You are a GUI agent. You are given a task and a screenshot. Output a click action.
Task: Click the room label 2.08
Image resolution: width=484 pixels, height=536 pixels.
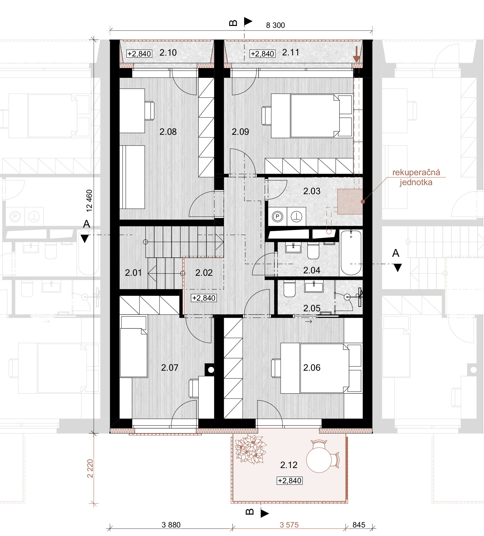pos(168,132)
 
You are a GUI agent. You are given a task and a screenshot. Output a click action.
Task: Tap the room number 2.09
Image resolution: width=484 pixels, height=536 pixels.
pos(240,132)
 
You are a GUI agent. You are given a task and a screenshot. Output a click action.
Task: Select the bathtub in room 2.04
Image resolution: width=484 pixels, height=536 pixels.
pos(351,253)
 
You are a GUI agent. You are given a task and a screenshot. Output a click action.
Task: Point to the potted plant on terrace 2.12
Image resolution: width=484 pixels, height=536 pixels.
pos(251,449)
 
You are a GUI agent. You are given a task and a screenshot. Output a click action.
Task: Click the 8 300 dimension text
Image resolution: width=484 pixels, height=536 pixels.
pos(275,25)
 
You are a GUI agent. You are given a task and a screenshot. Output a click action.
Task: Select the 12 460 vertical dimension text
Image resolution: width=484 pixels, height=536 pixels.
pos(89,201)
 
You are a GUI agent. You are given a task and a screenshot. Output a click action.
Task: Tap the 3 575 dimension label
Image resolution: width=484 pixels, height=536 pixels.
pos(289,525)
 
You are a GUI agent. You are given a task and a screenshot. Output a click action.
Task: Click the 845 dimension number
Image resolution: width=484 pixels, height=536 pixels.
pos(359,525)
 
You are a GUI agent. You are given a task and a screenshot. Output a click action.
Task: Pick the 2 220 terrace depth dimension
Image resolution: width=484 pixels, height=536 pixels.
pos(90,468)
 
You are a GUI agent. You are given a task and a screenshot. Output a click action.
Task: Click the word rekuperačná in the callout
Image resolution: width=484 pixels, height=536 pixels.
pos(416,172)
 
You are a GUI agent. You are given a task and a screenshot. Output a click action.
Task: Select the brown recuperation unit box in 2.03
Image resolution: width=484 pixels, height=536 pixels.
pos(350,201)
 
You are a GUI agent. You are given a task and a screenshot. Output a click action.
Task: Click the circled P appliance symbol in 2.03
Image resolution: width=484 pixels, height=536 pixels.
pos(277,216)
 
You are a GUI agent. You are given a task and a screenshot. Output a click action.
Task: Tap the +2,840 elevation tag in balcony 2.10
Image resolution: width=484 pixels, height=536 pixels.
pos(139,54)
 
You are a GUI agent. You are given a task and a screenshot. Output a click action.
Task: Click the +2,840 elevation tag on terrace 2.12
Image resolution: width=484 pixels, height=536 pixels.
pos(290,481)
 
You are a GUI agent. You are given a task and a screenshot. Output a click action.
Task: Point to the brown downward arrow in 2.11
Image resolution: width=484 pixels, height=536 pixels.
pos(356,54)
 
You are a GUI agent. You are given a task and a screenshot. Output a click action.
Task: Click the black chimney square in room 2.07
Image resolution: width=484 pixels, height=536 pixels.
pos(209,370)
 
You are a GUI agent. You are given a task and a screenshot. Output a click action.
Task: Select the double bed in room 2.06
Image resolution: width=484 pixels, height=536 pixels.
pos(321,368)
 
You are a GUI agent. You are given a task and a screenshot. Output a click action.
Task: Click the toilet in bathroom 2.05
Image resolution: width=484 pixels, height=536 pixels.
pos(289,289)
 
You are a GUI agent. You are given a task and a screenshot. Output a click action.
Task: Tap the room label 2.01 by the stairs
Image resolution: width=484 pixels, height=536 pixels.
pos(133,273)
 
